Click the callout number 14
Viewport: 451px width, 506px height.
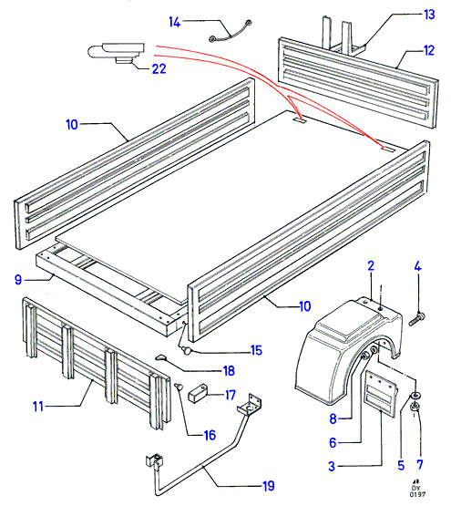175,22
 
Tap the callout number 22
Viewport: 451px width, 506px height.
159,68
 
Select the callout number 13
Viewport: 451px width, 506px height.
429,15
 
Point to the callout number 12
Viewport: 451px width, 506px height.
429,51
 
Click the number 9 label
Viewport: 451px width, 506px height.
18,280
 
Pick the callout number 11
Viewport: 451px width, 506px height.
38,407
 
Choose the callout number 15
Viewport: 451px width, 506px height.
256,350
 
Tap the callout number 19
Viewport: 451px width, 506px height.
269,486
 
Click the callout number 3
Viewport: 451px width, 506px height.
332,466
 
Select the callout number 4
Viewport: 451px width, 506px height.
417,266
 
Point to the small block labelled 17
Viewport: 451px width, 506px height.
197,393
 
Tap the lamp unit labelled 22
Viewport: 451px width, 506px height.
116,52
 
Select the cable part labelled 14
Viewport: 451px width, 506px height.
231,32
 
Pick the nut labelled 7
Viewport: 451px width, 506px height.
415,408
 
